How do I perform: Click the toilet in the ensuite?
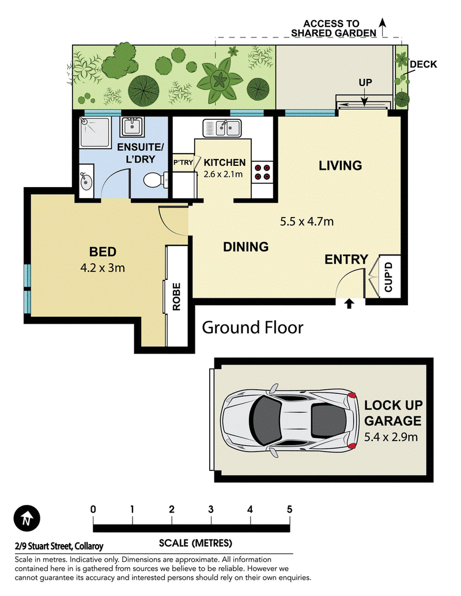(x=156, y=180)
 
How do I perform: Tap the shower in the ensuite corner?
(x=95, y=131)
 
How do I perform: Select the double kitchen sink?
(x=222, y=128)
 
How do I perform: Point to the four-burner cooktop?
(x=262, y=172)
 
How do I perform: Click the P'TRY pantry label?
(x=183, y=163)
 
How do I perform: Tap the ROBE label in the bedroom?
(x=176, y=297)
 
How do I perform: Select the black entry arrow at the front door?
(x=349, y=303)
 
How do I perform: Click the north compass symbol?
(x=27, y=518)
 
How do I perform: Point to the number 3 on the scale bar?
(x=211, y=510)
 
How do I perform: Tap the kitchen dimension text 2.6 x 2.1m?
(x=223, y=174)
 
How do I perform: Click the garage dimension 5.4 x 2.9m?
(x=391, y=437)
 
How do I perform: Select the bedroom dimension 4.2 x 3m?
(x=103, y=268)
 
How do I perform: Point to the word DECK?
(x=424, y=64)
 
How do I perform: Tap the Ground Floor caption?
(x=252, y=328)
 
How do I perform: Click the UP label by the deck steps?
(x=365, y=82)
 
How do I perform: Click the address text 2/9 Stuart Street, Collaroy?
(x=59, y=546)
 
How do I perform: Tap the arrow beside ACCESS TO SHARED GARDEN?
(x=383, y=28)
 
